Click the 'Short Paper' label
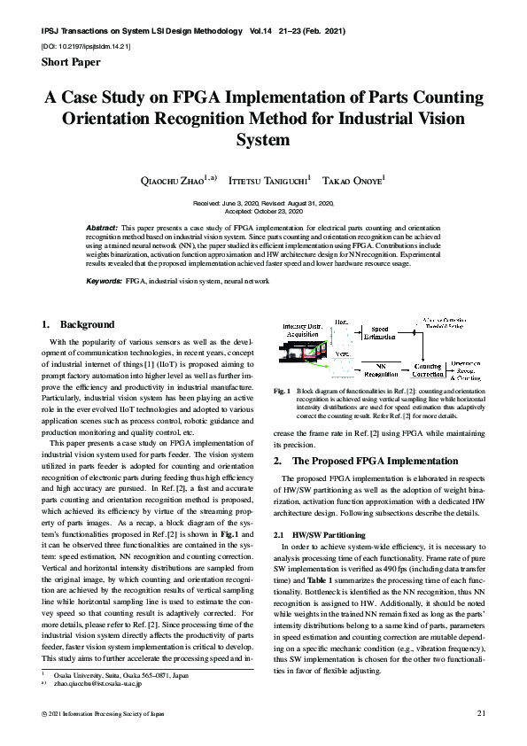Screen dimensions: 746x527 tap(72, 62)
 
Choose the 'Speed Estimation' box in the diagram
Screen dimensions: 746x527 tap(379, 332)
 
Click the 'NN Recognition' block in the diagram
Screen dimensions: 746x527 tap(380, 368)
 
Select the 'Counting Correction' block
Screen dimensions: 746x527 tap(429, 369)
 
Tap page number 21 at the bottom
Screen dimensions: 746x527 tap(482, 712)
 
